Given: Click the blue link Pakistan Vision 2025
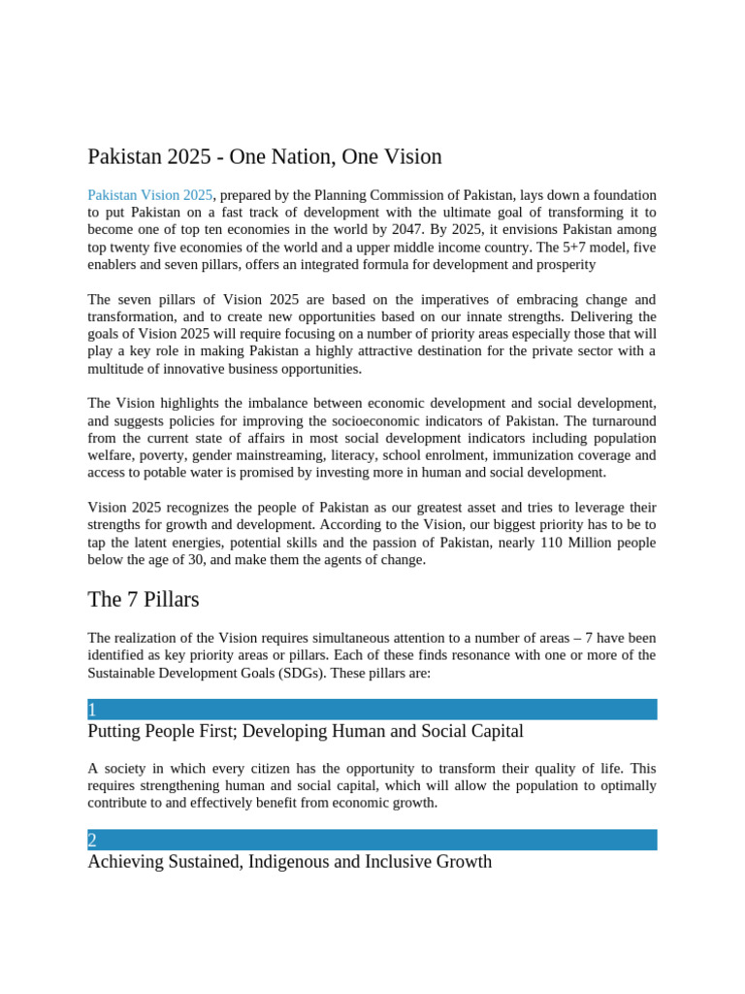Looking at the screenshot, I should (x=150, y=195).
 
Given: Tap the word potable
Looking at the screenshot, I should (x=168, y=473).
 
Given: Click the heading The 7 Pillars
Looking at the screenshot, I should (x=144, y=600).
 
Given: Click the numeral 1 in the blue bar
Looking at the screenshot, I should (x=92, y=710).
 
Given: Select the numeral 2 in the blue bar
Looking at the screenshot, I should (x=92, y=841).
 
